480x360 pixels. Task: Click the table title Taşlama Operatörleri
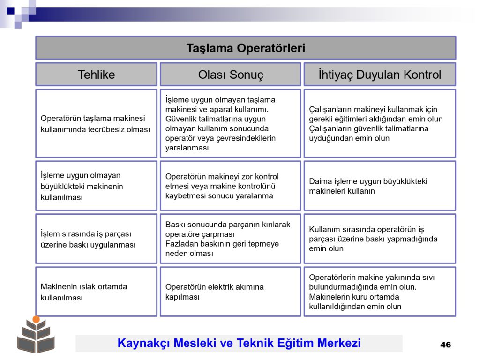246,48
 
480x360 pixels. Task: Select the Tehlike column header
97,75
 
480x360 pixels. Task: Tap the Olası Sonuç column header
231,75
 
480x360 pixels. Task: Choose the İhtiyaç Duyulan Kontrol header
380,75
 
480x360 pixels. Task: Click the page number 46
445,345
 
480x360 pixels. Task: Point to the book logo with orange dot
36,335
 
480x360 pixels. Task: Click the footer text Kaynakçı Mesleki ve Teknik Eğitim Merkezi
239,343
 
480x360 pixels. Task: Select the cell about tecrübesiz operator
97,123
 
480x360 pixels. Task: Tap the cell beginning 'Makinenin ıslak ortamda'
97,292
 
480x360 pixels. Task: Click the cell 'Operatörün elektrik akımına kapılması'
231,292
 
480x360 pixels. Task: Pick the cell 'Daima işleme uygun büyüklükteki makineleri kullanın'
380,186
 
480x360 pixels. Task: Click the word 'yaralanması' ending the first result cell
187,148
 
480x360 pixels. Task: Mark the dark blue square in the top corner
10,11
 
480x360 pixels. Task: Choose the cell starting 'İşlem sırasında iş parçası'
97,239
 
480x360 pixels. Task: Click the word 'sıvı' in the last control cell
428,277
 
